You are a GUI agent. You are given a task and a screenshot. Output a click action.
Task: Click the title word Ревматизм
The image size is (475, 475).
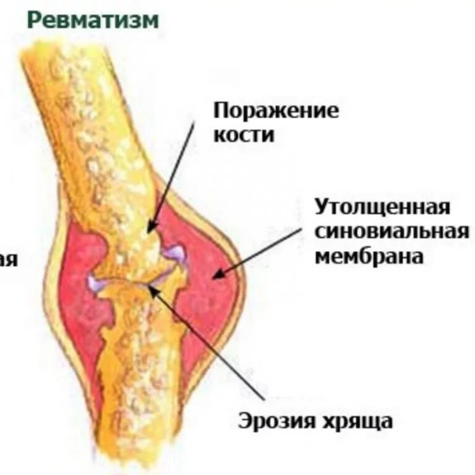click(93, 20)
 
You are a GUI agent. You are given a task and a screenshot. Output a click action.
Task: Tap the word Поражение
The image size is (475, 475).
click(276, 112)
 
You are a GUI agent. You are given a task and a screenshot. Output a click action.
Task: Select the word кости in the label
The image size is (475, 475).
click(244, 135)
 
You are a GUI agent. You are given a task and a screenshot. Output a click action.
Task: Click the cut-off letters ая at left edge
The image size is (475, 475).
click(7, 260)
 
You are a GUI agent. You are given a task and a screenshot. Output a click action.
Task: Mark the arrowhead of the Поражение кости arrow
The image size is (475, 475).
click(150, 230)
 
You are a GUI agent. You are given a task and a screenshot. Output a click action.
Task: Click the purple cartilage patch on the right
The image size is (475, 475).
click(175, 252)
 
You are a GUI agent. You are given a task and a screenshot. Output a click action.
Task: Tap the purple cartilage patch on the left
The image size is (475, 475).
click(96, 283)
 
